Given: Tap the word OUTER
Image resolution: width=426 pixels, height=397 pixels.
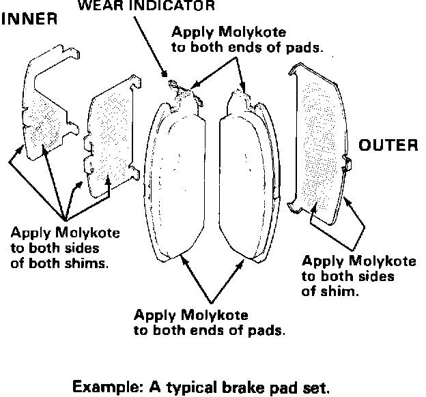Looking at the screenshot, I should [x=387, y=145].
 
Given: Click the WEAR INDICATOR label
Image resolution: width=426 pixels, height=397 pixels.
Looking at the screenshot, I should [x=146, y=7].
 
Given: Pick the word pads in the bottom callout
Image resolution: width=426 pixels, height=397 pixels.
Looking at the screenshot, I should [x=268, y=332].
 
